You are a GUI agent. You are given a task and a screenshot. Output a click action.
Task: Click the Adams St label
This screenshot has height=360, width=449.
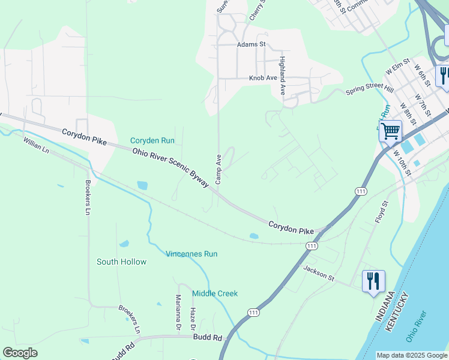click(x=251, y=44)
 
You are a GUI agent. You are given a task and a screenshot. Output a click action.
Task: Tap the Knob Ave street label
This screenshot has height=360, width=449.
click(x=263, y=78)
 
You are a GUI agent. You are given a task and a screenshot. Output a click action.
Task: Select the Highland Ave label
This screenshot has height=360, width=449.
click(x=282, y=76)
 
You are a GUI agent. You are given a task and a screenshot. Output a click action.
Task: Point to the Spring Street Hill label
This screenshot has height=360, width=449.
click(x=370, y=89)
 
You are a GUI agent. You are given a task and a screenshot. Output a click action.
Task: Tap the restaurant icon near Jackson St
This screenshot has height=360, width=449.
click(x=373, y=281)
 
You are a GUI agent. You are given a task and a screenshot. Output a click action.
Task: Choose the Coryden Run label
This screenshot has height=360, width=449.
click(x=152, y=140)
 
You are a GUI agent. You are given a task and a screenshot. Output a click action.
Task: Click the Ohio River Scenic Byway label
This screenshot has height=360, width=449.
click(x=170, y=168)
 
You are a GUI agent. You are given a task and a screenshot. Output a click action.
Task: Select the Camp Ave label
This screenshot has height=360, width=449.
click(x=219, y=169)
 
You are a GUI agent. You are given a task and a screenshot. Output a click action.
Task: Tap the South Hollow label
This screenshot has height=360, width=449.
click(x=121, y=262)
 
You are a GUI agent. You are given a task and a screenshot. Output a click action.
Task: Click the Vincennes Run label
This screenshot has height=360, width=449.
click(x=191, y=254)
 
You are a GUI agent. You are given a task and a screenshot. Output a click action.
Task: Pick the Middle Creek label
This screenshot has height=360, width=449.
click(x=215, y=293)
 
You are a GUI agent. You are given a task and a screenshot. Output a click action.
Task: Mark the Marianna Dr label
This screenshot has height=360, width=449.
click(x=178, y=313)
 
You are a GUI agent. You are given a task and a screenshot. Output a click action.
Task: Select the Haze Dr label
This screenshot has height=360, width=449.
click(x=193, y=319)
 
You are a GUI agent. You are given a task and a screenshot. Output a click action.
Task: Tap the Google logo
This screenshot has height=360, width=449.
click(x=20, y=353)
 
